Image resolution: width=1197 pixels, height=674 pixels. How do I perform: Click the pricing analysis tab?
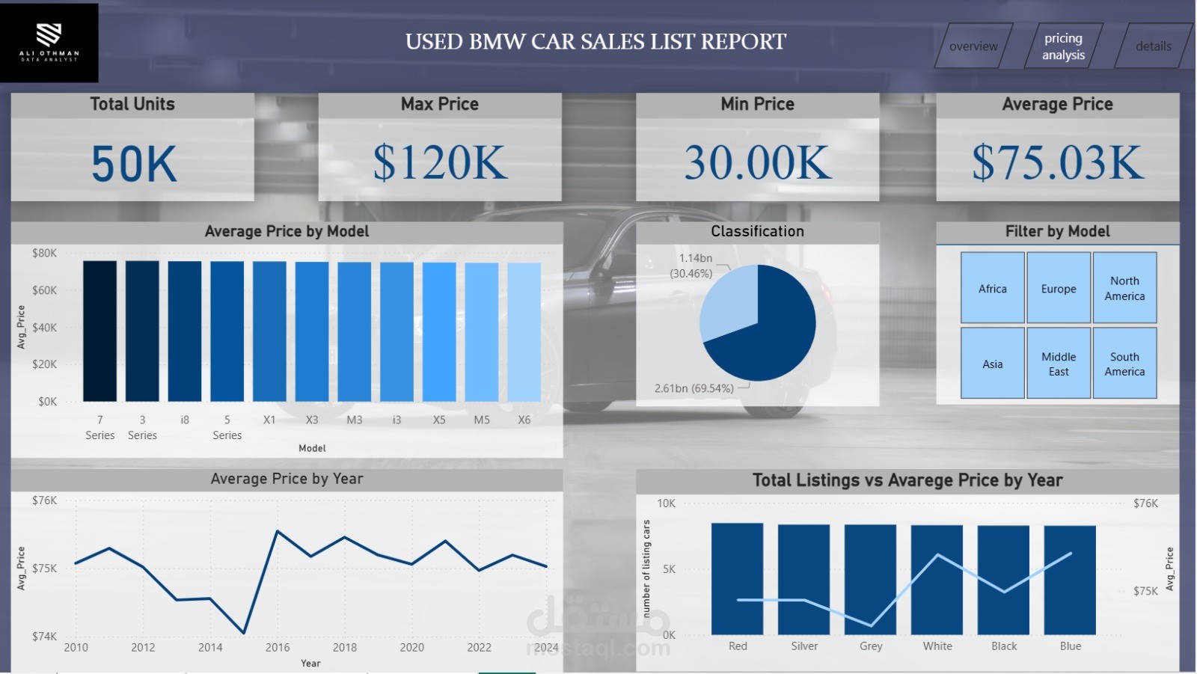(x=1063, y=46)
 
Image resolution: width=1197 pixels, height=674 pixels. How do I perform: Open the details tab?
(x=1153, y=46)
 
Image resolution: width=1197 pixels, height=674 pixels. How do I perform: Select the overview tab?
(x=973, y=46)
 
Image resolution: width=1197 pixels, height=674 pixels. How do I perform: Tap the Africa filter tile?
(x=993, y=288)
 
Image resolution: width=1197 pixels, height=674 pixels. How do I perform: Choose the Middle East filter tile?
(x=1059, y=364)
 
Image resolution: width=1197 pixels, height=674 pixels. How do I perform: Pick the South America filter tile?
(x=1124, y=364)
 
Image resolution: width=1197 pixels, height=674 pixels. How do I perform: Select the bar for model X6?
(x=524, y=332)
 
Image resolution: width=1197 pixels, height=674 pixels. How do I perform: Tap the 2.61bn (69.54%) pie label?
(x=694, y=388)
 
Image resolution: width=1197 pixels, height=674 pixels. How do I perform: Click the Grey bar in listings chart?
(x=870, y=579)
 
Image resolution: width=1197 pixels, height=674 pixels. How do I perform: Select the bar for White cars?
(x=937, y=580)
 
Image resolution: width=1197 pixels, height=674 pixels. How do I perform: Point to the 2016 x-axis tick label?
(x=278, y=647)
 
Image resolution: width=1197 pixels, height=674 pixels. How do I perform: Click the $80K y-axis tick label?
(x=44, y=253)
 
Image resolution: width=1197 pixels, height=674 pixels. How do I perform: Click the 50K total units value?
(x=134, y=164)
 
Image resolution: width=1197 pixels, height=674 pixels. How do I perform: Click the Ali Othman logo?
(x=49, y=43)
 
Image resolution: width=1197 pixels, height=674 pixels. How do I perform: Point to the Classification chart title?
(x=757, y=231)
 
